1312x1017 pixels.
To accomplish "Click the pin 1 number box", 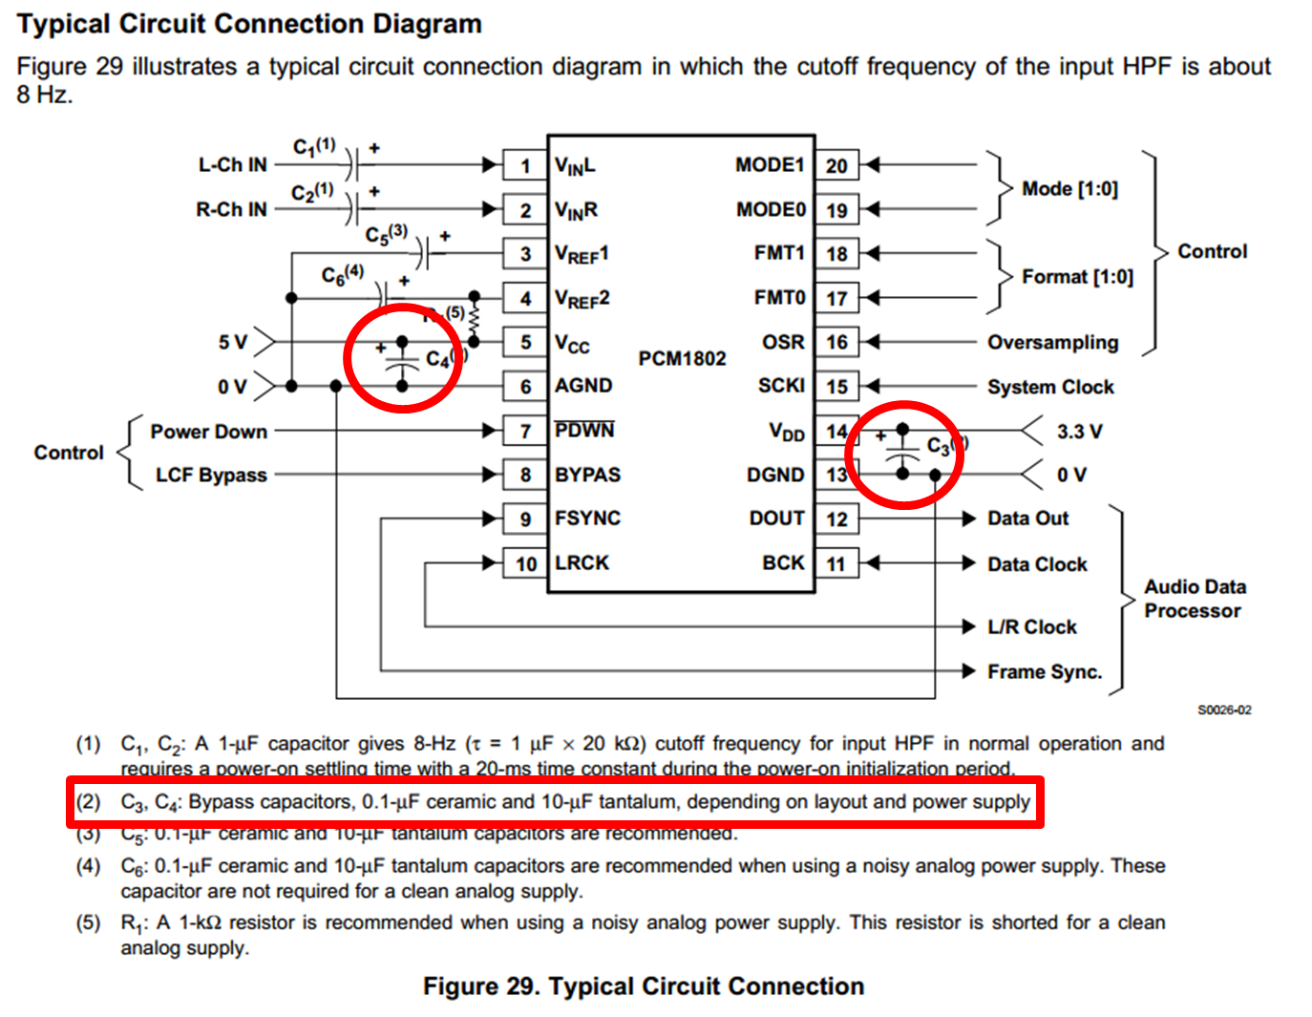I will pos(524,165).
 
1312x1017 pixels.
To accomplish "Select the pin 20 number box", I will pos(836,165).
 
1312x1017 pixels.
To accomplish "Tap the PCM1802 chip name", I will pos(682,358).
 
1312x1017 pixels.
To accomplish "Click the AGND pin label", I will pos(583,386).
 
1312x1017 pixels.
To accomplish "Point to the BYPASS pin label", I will pos(587,475).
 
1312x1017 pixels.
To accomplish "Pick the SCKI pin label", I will pos(781,386).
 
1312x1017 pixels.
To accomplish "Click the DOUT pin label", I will pos(776,519).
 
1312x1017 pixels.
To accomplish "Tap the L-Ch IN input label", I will pos(232,164).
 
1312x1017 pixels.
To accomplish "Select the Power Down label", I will pos(208,432).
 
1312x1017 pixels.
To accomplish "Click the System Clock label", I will pos(1050,387).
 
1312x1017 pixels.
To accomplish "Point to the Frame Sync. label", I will pos(1045,672).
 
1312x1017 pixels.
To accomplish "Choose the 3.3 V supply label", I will pos(1079,432).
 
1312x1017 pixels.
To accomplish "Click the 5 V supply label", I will pos(232,342).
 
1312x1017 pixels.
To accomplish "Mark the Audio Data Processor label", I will pos(1195,599).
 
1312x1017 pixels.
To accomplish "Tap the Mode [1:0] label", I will pos(1069,189).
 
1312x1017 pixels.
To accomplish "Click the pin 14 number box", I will pos(836,432).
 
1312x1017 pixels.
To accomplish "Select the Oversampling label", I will pos(1052,342).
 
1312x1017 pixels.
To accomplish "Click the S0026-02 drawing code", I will pos(1224,710).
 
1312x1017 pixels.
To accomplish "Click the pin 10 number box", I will pos(525,563).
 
